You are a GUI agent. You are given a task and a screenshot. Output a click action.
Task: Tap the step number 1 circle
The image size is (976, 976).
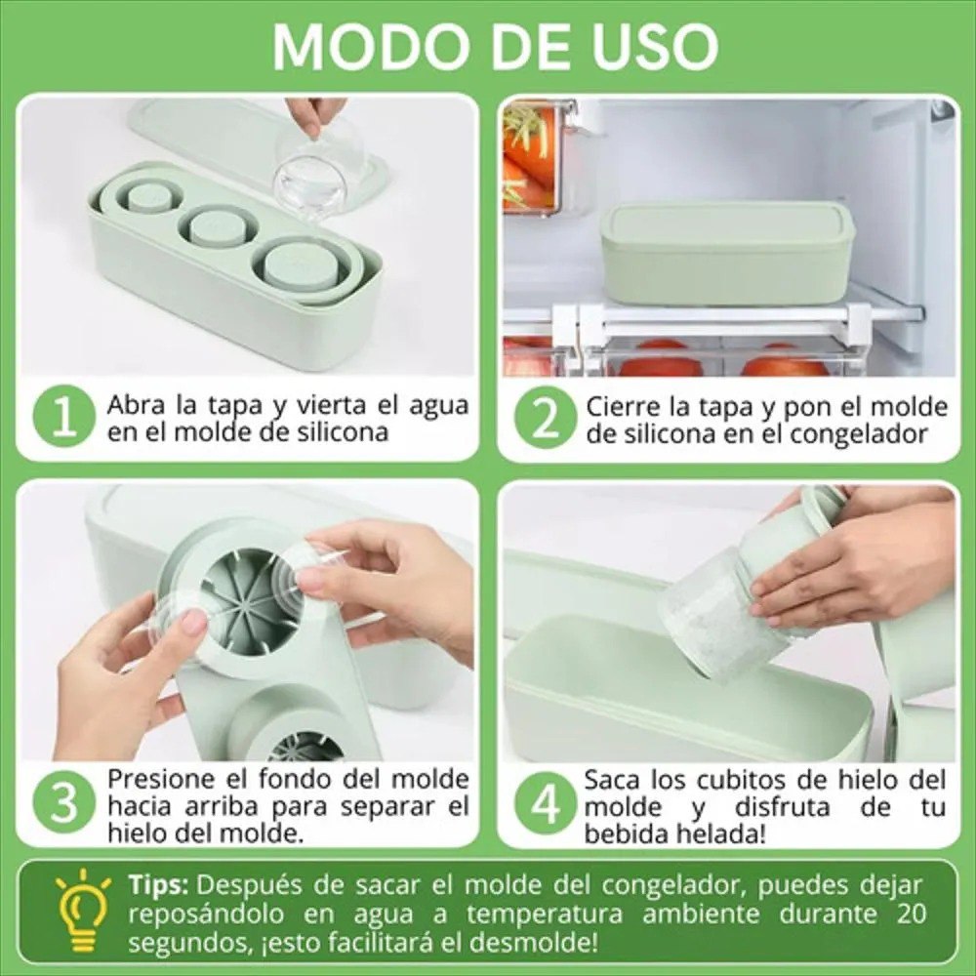pyautogui.click(x=64, y=417)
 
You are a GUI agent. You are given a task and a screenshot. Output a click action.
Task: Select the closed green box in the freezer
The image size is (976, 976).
pyautogui.click(x=727, y=252)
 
